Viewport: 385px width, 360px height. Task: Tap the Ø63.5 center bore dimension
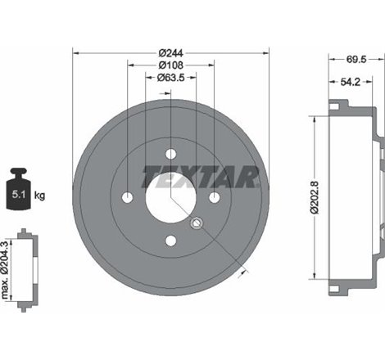point(170,79)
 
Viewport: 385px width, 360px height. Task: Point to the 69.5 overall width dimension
point(356,60)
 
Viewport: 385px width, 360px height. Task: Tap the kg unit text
point(41,196)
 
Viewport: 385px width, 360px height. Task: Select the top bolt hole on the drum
point(170,154)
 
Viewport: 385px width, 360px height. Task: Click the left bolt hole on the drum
point(127,197)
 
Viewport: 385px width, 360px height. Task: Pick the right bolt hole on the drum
point(214,197)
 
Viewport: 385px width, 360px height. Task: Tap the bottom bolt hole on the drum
point(170,241)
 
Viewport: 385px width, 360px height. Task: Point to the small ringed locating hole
point(196,223)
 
